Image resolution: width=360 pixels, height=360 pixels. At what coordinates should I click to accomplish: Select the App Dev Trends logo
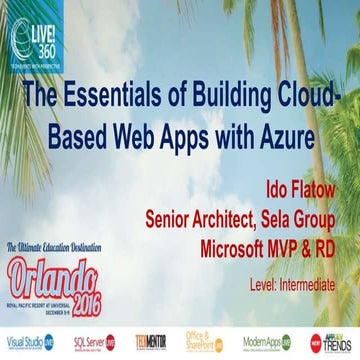click(330, 342)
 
